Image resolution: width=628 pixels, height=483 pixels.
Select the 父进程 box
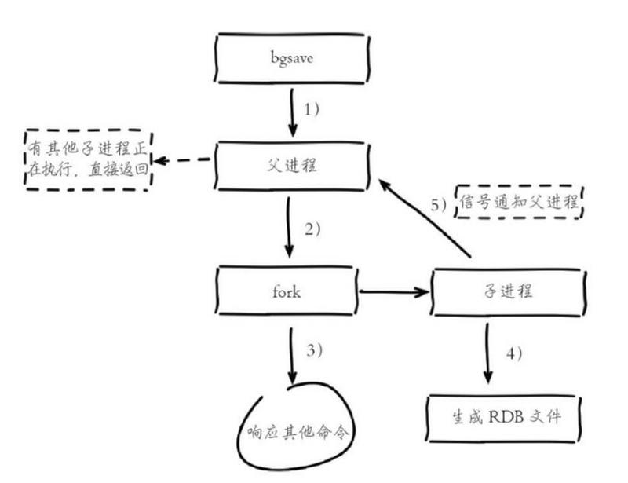[291, 166]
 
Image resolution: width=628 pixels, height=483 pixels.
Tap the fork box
[286, 291]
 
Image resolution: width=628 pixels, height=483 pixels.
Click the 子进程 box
[506, 291]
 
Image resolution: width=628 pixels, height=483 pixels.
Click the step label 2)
[312, 230]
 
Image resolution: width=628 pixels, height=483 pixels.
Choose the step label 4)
[513, 353]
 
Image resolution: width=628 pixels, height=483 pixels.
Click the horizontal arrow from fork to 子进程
[394, 292]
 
